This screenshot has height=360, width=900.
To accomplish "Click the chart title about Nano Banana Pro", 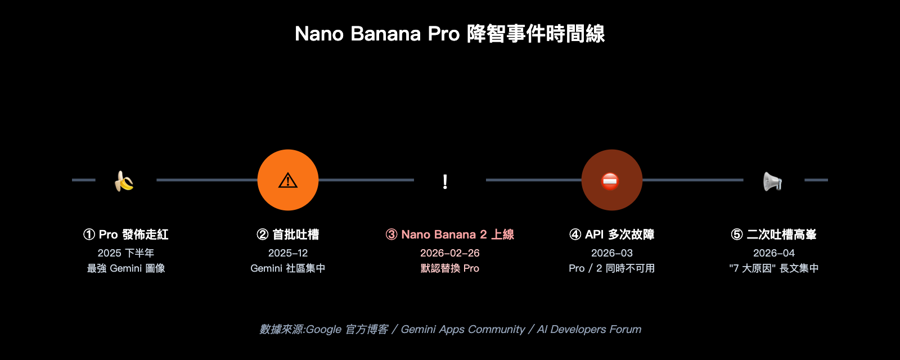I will click(x=449, y=34).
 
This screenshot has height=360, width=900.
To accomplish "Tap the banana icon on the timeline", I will click(x=124, y=181).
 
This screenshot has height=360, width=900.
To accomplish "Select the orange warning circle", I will click(x=288, y=180).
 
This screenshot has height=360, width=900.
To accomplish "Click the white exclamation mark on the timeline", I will click(x=445, y=181).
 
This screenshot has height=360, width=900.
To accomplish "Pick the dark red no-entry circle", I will click(x=611, y=180).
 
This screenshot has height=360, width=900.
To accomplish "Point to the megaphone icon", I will click(x=772, y=181).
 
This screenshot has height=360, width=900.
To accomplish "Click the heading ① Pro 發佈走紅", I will click(x=126, y=235).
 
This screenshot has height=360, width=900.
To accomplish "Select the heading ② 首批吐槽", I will click(x=288, y=235).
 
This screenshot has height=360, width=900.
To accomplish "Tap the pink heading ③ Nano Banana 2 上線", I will click(x=450, y=235).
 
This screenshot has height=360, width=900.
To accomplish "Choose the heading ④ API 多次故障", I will click(x=612, y=235).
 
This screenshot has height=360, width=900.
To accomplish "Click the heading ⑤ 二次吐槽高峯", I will click(x=774, y=235).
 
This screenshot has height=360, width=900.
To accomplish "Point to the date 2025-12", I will click(x=288, y=253).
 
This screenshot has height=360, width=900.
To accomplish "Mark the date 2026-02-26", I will click(x=450, y=253).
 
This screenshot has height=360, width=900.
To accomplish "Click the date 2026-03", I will click(x=612, y=253).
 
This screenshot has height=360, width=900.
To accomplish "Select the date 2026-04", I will click(x=774, y=253).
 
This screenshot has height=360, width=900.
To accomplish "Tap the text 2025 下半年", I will click(x=126, y=253).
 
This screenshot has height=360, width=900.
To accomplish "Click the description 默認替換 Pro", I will click(x=450, y=268).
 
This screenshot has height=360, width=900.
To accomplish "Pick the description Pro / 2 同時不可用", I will click(x=612, y=268).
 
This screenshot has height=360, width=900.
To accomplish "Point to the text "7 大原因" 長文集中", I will click(x=774, y=268).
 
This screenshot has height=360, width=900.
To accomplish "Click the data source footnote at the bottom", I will click(x=450, y=329).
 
